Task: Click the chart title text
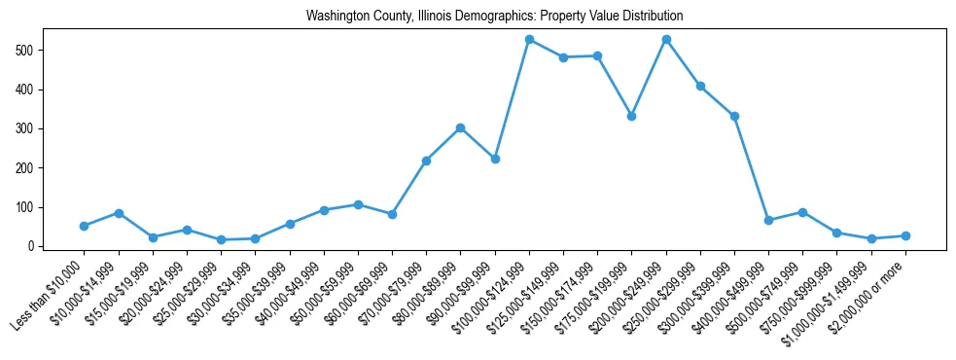(494, 17)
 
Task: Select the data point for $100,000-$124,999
(529, 39)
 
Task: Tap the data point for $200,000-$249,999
(666, 39)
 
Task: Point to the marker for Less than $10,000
(84, 226)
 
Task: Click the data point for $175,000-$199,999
(631, 116)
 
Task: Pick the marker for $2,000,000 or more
(905, 235)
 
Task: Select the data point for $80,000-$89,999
(460, 127)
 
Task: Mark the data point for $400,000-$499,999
(768, 221)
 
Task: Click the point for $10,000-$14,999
(118, 213)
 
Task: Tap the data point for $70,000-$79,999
(426, 161)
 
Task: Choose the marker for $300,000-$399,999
(734, 116)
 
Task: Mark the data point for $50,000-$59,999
(358, 204)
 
